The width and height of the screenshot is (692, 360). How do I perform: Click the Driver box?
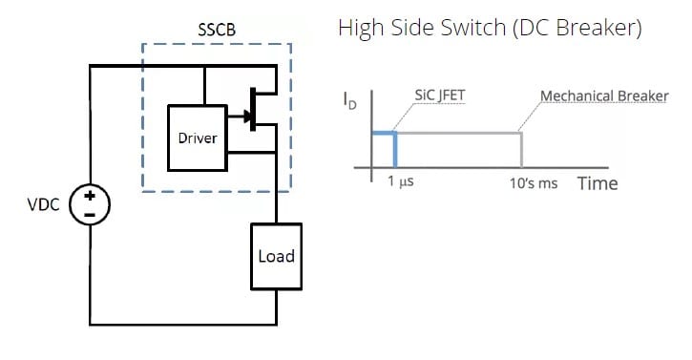coord(198,138)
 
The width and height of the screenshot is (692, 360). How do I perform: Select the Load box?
coord(276,256)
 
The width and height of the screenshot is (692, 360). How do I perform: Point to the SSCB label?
coord(216,29)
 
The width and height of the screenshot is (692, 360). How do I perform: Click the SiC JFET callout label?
coord(440,96)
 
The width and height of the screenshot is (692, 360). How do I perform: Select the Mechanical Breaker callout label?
coord(604,96)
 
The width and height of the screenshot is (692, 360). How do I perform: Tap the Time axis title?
coord(598,182)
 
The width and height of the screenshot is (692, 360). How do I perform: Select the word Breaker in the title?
coord(601,29)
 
